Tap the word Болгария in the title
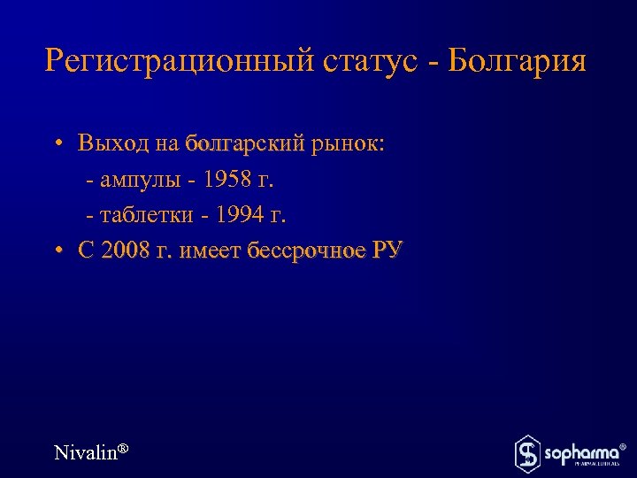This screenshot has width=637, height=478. (517, 63)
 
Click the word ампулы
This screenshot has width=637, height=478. (140, 181)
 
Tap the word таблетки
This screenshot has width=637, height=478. (146, 215)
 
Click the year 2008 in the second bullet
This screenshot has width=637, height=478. (127, 251)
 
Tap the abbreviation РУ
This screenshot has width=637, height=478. (387, 251)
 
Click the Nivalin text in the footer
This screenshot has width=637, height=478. (85, 452)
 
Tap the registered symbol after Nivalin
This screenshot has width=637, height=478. (124, 449)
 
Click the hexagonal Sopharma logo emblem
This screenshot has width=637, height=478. (528, 453)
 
